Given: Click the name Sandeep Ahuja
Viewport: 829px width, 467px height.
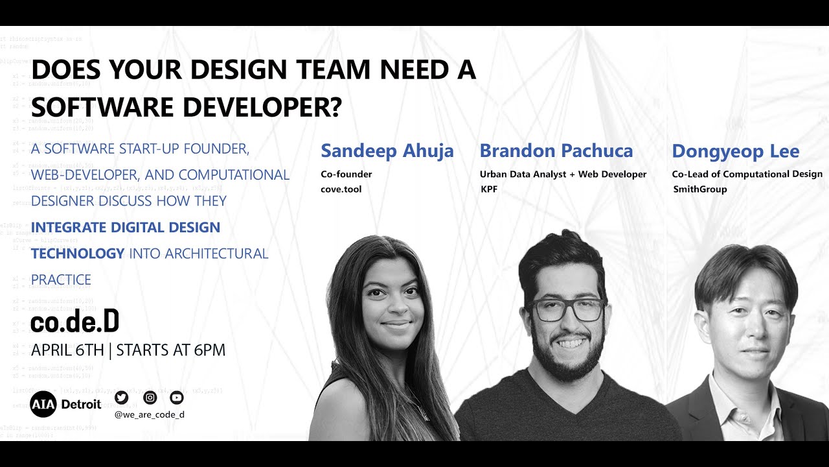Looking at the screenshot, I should coord(387,151).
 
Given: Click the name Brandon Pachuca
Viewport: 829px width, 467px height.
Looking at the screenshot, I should coord(556,151).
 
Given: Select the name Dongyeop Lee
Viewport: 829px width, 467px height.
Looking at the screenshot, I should coord(735,151).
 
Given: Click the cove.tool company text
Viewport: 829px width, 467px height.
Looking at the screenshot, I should coord(341,189).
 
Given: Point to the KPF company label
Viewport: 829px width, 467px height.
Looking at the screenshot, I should coord(489,189).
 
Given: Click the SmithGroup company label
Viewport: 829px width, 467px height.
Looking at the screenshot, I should coord(700,189).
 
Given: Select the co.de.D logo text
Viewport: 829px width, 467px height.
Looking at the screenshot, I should coord(75,322).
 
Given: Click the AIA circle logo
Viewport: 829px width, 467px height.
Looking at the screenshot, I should coord(43,404).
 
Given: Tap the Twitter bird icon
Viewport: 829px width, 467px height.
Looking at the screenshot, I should coord(122,398).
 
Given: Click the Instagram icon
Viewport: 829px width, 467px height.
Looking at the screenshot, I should coord(150,398).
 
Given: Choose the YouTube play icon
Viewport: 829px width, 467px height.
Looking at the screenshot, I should coord(177,398).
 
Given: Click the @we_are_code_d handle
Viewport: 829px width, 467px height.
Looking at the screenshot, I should coord(149,414).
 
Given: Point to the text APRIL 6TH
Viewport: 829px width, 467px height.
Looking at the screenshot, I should coord(67,350).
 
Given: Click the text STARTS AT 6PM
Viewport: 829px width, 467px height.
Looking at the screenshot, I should coord(171,350).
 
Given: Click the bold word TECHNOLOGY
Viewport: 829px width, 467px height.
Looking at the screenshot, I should coord(78,254).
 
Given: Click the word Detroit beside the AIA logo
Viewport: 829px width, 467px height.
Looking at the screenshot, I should coord(81,404).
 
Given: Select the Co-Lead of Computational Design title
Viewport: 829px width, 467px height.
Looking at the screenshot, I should coord(747,174).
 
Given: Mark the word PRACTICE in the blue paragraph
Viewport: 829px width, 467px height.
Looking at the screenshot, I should coord(61,280).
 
